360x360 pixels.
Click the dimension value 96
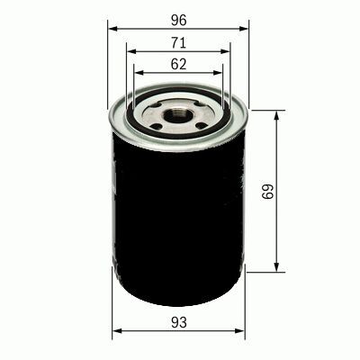(178, 16)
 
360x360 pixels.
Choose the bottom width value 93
(178, 320)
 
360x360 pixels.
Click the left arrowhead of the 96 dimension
(112, 28)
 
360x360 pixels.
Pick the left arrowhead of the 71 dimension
(128, 51)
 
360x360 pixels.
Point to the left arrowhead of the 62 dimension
(135, 74)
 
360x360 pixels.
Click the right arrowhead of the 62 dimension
(221, 74)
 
